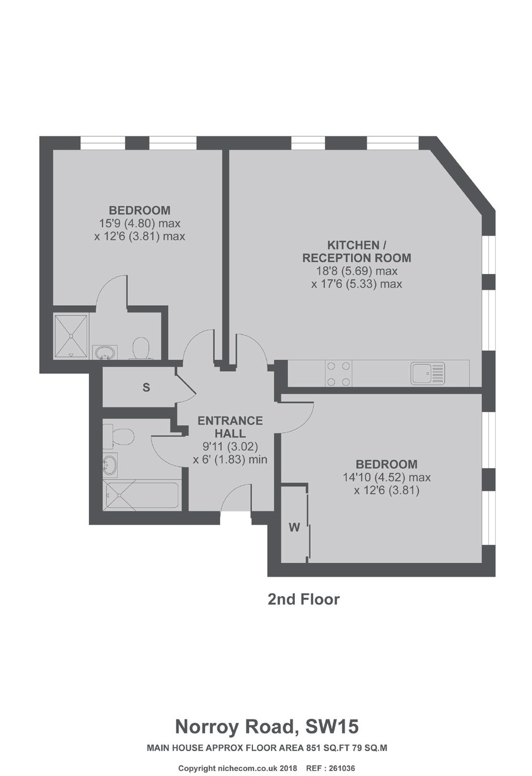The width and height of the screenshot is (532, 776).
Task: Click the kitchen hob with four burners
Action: (x=338, y=374)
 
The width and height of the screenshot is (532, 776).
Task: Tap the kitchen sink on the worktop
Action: (x=427, y=374)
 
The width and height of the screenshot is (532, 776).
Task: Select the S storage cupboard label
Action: (x=146, y=387)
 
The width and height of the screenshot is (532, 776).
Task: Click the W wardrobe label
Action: (x=294, y=528)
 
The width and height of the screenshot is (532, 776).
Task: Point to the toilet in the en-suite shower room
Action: (x=140, y=348)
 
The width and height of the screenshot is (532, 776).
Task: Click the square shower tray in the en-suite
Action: (x=71, y=336)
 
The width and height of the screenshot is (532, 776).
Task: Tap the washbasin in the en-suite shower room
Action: (x=105, y=353)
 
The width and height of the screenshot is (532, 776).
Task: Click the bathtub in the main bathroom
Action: (x=141, y=495)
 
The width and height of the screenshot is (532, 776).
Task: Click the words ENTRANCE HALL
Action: (x=230, y=427)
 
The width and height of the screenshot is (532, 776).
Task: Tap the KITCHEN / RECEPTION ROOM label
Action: (x=357, y=251)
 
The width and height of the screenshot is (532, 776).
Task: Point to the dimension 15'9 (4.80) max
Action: (x=140, y=224)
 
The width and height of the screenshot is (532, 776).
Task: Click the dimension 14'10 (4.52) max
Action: (x=387, y=477)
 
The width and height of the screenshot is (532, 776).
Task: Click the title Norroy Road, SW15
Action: (x=267, y=717)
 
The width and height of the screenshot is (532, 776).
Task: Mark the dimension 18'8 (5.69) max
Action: (x=357, y=271)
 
